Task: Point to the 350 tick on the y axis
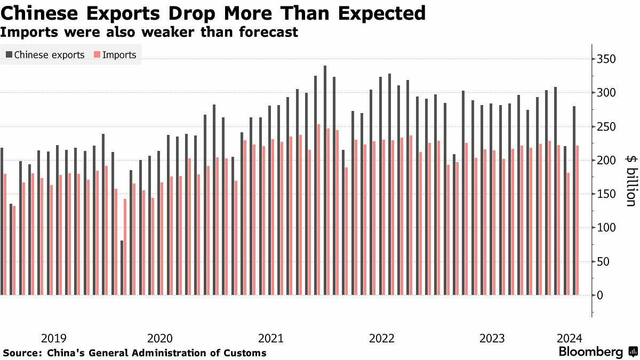(x=607, y=59)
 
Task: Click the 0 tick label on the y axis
(x=600, y=295)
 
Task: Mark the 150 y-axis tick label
(x=607, y=194)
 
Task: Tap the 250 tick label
(x=607, y=127)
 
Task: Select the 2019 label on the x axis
(x=53, y=338)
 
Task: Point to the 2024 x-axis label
(x=570, y=338)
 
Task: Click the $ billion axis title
(x=630, y=180)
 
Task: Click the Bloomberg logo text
(x=591, y=352)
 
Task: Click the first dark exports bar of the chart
(x=2, y=221)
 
